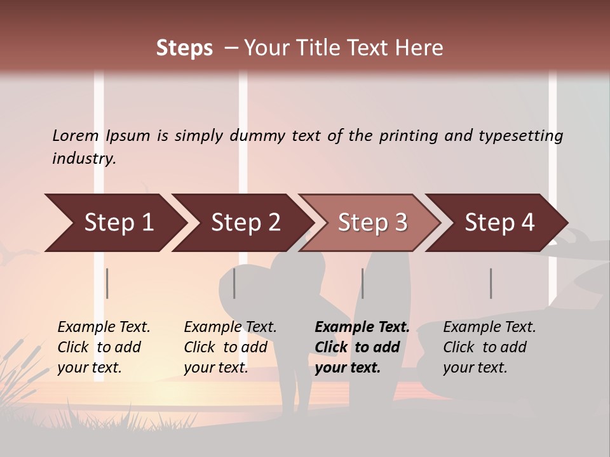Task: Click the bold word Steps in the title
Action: tap(184, 48)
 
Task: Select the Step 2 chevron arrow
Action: tap(244, 223)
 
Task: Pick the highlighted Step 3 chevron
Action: tap(371, 223)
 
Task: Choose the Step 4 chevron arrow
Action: tap(498, 223)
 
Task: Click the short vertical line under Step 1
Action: tap(107, 283)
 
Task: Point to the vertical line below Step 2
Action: tap(234, 283)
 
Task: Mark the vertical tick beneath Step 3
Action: tap(362, 283)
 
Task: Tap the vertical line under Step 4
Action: tap(491, 283)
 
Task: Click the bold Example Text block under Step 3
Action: tap(361, 347)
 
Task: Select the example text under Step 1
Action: tap(104, 347)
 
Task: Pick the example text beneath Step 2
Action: tap(230, 347)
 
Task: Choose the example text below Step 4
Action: tap(489, 347)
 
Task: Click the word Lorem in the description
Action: tap(76, 135)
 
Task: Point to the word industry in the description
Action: tap(84, 159)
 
